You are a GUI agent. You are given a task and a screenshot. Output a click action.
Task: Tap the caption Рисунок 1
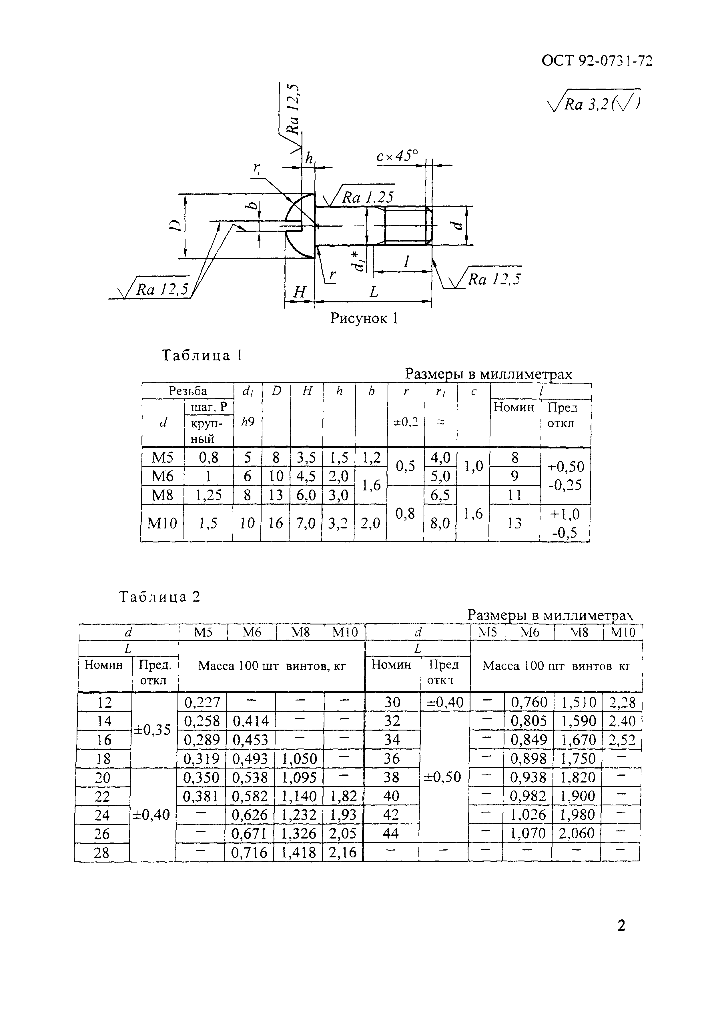coord(364,318)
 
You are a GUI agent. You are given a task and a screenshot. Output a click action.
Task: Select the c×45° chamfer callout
coord(397,156)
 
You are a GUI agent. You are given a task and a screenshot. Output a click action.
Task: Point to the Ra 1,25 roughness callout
coord(367,197)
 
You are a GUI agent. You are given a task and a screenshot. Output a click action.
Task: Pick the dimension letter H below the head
coord(299,292)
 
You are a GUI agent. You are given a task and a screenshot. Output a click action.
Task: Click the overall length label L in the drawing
coord(373,292)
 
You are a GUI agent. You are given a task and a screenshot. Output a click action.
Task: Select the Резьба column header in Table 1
coord(188,391)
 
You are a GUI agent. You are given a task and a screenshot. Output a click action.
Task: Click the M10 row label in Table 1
coord(162,523)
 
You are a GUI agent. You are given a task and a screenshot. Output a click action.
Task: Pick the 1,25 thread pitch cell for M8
coord(208,495)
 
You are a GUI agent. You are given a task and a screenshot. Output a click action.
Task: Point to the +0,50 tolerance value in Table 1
coord(566,466)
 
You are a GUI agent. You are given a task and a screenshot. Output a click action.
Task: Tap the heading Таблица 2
coord(159,597)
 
